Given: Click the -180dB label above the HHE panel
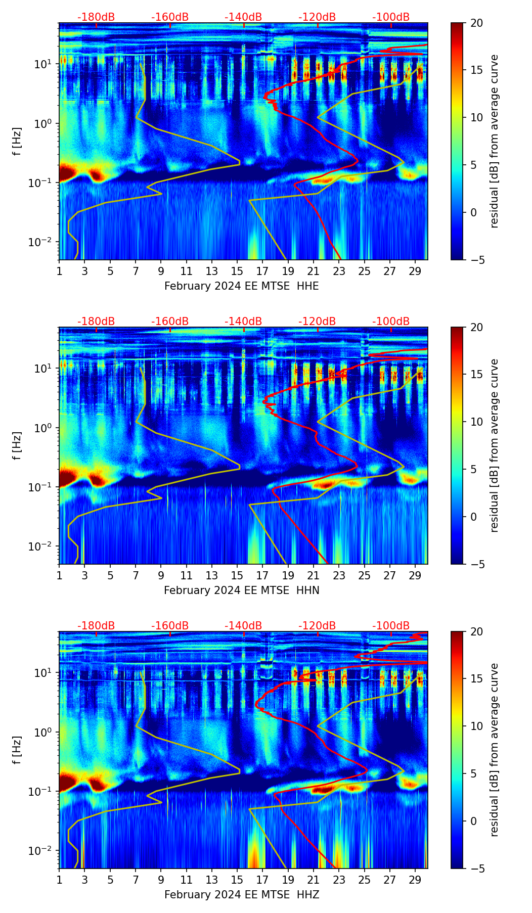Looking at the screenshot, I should (96, 17).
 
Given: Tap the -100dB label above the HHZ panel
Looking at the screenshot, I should (391, 626).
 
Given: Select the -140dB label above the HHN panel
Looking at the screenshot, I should (243, 322).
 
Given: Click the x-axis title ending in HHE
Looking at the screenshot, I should (241, 286).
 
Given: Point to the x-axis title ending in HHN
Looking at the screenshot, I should (241, 590).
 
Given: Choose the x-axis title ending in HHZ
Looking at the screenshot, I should (241, 895).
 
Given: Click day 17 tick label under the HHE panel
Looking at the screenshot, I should (262, 271).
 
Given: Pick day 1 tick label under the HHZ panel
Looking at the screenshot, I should (59, 880).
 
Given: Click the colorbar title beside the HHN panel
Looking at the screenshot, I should (494, 445).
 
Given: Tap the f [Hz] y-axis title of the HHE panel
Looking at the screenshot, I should (17, 141).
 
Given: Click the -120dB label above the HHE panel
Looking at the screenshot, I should (317, 17).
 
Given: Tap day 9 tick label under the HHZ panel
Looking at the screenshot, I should (161, 880).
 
